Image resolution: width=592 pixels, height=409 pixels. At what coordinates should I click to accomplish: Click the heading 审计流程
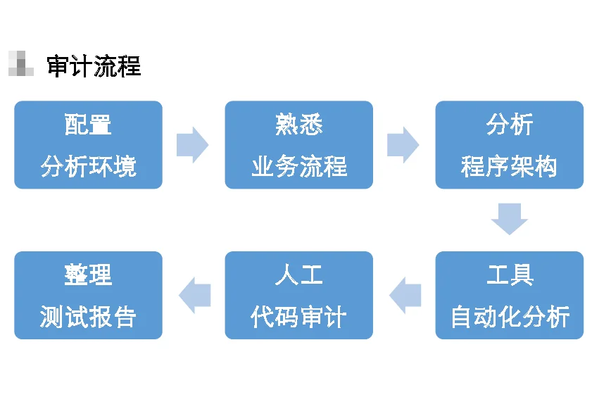pyautogui.click(x=94, y=66)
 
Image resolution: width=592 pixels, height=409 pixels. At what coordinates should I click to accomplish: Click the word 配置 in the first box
pyautogui.click(x=88, y=125)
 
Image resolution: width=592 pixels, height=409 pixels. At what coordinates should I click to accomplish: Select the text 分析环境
pyautogui.click(x=88, y=167)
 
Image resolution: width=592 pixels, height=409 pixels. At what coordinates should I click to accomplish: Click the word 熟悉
pyautogui.click(x=298, y=125)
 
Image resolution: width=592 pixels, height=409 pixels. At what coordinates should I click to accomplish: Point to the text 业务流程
pyautogui.click(x=298, y=167)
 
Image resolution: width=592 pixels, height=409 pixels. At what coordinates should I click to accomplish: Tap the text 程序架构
pyautogui.click(x=509, y=167)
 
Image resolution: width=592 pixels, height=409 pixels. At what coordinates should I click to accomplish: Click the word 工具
pyautogui.click(x=509, y=275)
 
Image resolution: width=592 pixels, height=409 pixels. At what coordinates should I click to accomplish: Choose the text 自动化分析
pyautogui.click(x=509, y=317)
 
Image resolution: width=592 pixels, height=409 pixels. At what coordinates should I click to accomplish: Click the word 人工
pyautogui.click(x=298, y=275)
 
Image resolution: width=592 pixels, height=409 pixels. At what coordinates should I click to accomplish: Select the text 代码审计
pyautogui.click(x=298, y=317)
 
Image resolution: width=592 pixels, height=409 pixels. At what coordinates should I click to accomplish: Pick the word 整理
pyautogui.click(x=88, y=275)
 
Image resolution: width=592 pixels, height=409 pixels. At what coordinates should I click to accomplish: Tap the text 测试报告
pyautogui.click(x=88, y=317)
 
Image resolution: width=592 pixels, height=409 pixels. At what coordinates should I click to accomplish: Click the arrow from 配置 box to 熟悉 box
pyautogui.click(x=192, y=145)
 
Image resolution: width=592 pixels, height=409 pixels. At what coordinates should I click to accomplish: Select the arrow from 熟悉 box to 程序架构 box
pyautogui.click(x=403, y=145)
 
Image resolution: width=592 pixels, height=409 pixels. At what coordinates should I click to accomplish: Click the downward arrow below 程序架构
pyautogui.click(x=509, y=219)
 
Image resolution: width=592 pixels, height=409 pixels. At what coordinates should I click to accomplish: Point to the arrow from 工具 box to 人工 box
pyautogui.click(x=405, y=295)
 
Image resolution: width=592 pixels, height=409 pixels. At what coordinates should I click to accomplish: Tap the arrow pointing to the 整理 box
pyautogui.click(x=195, y=295)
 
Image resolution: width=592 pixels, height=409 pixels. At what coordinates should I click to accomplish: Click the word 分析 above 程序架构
pyautogui.click(x=509, y=125)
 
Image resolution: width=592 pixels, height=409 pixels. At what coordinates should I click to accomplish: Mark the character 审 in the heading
pyautogui.click(x=58, y=66)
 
